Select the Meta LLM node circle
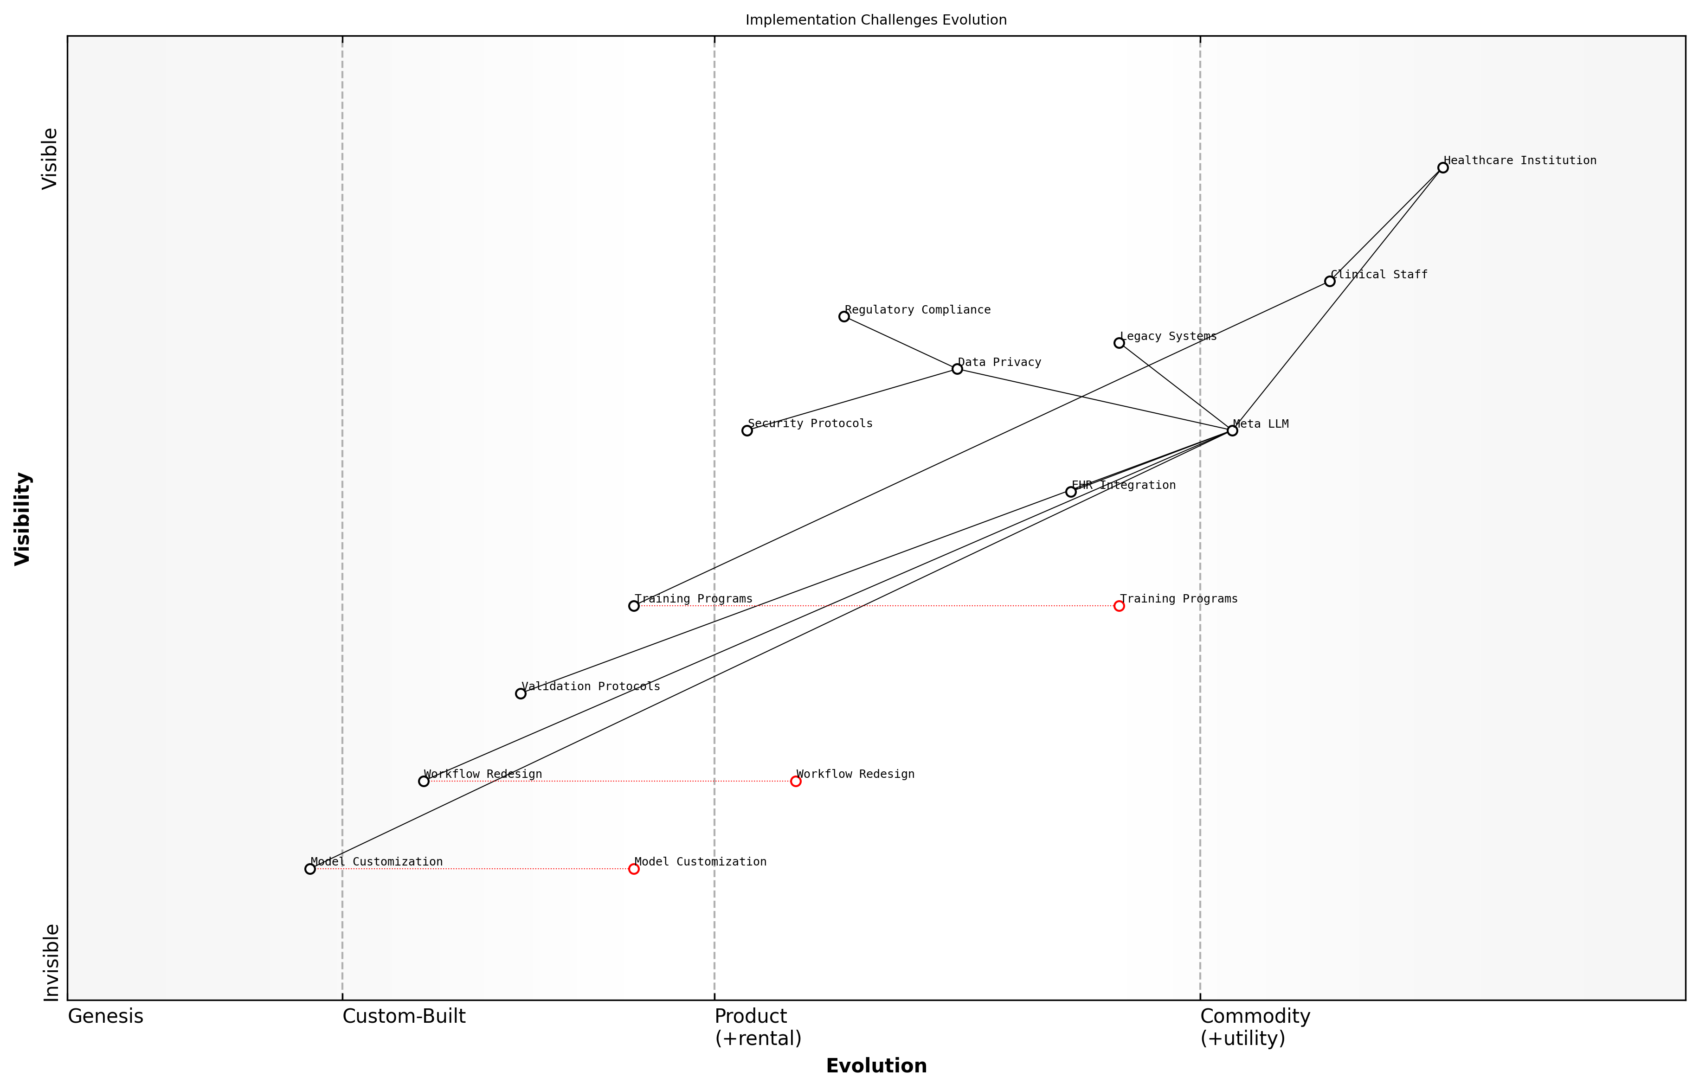point(1232,430)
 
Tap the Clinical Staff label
point(1379,275)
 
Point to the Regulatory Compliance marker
point(844,316)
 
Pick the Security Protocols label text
point(810,423)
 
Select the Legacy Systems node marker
point(1119,343)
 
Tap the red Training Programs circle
point(1119,606)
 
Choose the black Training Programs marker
point(634,606)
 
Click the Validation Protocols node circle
point(520,693)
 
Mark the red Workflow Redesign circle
point(796,782)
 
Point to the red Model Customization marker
point(634,869)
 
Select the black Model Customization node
point(310,869)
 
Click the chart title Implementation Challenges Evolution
point(875,20)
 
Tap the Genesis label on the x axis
point(105,1016)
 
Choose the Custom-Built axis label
point(404,1016)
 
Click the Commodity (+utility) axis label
point(1255,1027)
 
